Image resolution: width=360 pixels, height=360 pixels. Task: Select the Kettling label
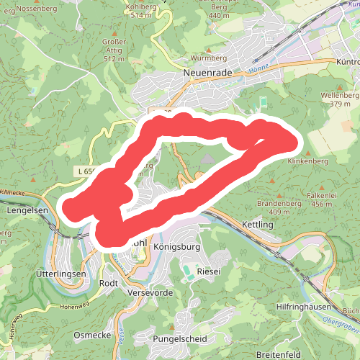[258, 225]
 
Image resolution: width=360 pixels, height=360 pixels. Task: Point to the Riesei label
[208, 272]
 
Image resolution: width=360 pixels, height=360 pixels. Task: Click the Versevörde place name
[150, 293]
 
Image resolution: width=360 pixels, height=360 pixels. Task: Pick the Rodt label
[108, 284]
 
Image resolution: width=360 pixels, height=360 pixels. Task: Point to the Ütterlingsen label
[60, 275]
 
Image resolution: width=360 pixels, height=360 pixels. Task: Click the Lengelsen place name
[27, 211]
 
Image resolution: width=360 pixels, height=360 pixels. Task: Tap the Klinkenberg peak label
[308, 162]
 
